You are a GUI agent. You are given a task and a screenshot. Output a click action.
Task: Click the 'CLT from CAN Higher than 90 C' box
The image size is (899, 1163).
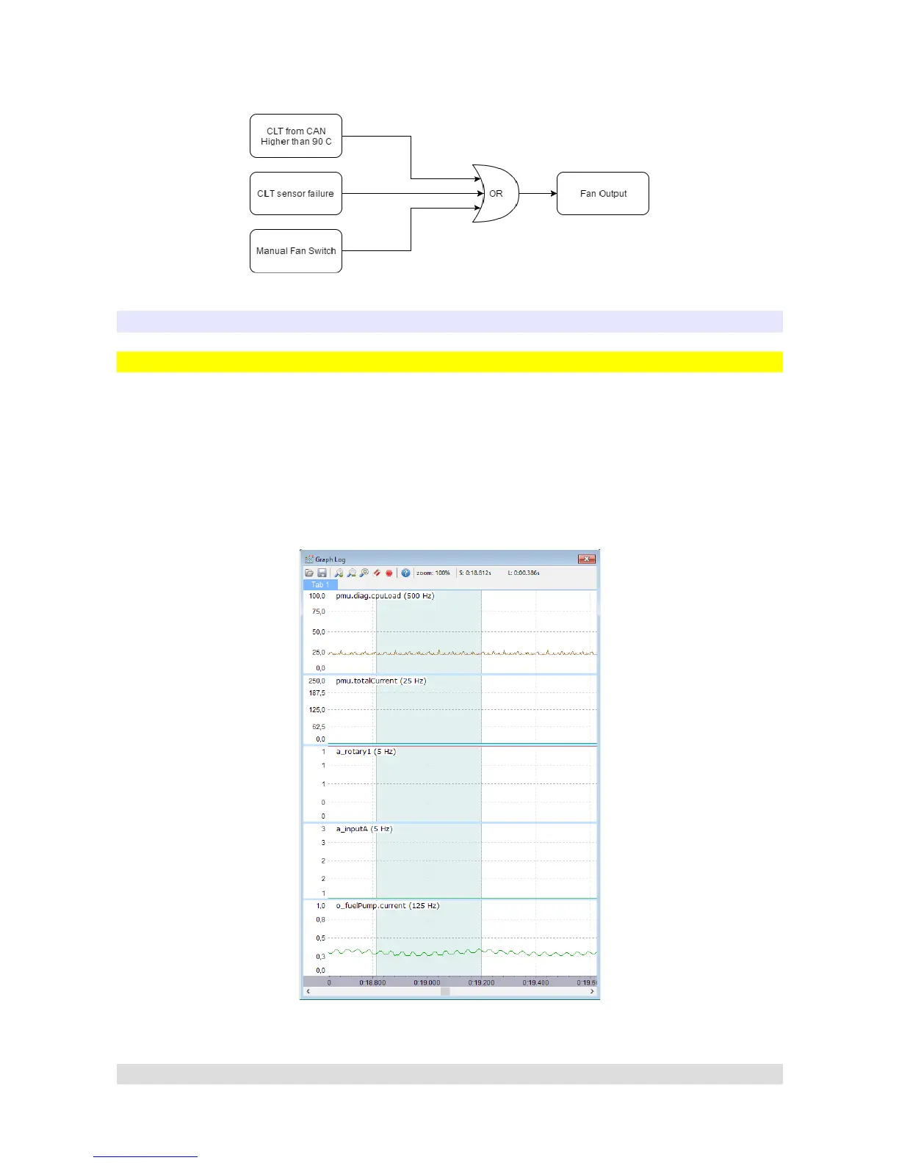pos(296,136)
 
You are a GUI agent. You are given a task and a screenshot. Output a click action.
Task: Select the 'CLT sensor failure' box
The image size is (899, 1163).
pos(296,194)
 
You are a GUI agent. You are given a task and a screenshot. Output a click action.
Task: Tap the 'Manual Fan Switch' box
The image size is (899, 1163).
pos(296,251)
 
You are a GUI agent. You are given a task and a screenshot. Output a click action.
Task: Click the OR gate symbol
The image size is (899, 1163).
pos(496,194)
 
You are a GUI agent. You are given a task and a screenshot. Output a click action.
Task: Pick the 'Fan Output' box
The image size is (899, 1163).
pos(603,194)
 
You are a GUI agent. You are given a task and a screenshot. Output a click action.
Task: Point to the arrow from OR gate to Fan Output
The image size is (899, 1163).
pos(538,194)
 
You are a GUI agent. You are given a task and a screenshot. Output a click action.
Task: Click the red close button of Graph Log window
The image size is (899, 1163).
pos(586,559)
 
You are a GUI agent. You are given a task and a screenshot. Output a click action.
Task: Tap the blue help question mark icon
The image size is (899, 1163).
pos(405,573)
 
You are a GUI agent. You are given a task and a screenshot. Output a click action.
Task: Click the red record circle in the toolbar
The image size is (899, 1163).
pos(389,573)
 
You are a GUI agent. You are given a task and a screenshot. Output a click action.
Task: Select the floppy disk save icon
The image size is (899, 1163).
pos(322,573)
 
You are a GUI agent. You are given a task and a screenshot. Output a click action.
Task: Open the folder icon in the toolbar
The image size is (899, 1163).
pos(309,573)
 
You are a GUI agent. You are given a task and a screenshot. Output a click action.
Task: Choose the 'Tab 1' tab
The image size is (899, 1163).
pos(320,584)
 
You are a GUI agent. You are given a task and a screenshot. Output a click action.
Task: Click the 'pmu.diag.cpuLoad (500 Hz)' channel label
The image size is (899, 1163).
pos(385,596)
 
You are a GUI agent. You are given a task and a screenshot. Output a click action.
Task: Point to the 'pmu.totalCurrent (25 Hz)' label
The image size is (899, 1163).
pos(380,681)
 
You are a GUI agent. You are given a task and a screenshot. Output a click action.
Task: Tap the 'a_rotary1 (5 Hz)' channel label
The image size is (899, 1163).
pos(366,752)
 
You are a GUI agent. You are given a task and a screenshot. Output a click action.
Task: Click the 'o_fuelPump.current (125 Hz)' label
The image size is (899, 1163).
pos(388,906)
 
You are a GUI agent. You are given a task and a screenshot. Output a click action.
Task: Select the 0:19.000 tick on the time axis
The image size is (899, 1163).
pos(427,982)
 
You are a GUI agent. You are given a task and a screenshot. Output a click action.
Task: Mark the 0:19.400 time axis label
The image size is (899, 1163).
pos(535,982)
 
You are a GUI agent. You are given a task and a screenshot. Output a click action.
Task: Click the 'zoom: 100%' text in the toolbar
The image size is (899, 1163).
pos(433,573)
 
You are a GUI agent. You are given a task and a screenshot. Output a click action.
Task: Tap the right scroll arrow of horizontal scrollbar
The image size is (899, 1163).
pos(592,991)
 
